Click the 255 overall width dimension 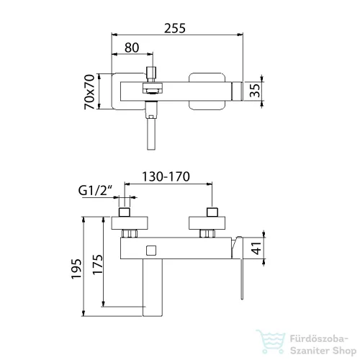(175, 28)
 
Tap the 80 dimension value (132, 48)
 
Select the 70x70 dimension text (89, 91)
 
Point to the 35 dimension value (255, 90)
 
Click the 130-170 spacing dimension (166, 176)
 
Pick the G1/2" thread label (96, 191)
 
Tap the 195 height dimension (76, 269)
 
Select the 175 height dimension (98, 264)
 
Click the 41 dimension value (257, 248)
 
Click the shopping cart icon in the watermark (271, 342)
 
